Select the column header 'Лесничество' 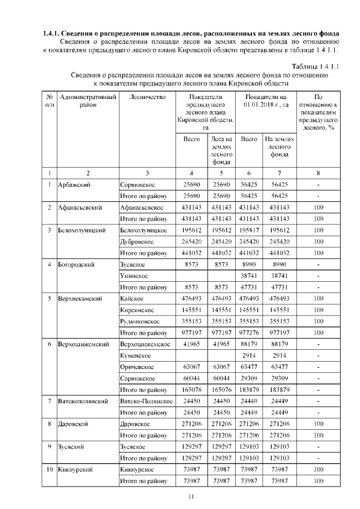coord(147,97)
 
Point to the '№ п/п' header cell coord(49,101)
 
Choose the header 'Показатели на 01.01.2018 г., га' coord(266,101)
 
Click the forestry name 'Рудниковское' coord(140,321)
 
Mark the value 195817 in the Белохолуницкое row coord(249,230)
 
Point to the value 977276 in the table coord(249,332)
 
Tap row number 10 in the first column coord(49,469)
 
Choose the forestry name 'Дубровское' coord(138,241)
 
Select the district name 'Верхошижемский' coord(83,344)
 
